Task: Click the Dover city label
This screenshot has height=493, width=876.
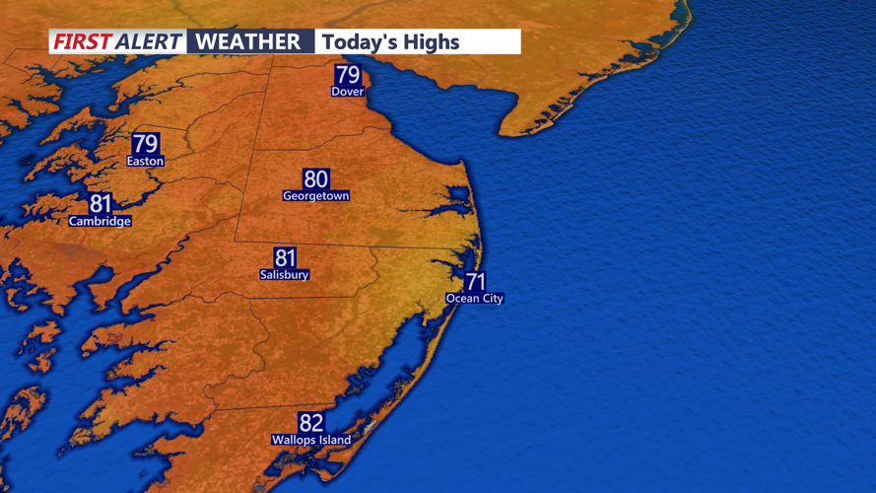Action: pyautogui.click(x=348, y=92)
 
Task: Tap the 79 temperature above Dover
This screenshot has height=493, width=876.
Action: pyautogui.click(x=348, y=75)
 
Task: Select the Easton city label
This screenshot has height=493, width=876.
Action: pyautogui.click(x=145, y=161)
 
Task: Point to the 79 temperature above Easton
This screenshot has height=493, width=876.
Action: pyautogui.click(x=145, y=144)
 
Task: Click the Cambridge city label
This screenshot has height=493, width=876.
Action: pyautogui.click(x=100, y=222)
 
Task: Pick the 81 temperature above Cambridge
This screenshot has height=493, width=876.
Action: pyautogui.click(x=101, y=204)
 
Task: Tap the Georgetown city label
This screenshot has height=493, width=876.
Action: pyautogui.click(x=315, y=196)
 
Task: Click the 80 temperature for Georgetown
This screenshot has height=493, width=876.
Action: pyautogui.click(x=315, y=178)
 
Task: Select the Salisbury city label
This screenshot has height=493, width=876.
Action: pyautogui.click(x=285, y=274)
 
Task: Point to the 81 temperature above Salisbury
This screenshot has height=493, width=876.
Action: pyautogui.click(x=285, y=257)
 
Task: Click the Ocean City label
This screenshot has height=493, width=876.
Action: pyautogui.click(x=475, y=298)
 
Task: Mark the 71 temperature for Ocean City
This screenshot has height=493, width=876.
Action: pyautogui.click(x=475, y=282)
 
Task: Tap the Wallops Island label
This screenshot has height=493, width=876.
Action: pyautogui.click(x=311, y=440)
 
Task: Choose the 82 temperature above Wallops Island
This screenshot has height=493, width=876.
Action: pyautogui.click(x=311, y=423)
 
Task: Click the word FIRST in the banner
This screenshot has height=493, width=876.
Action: pyautogui.click(x=81, y=41)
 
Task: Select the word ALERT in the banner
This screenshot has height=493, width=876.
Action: pyautogui.click(x=149, y=41)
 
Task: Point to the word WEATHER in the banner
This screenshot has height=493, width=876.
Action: pyautogui.click(x=248, y=41)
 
